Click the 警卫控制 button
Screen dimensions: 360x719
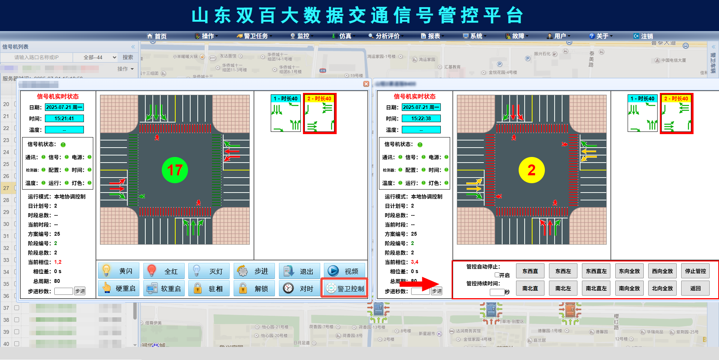coord(345,288)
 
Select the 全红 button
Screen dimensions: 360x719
coord(164,271)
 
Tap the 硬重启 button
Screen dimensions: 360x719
coord(119,288)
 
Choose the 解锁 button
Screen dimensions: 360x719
coord(254,288)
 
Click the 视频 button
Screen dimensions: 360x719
coord(345,271)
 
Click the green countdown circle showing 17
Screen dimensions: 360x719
coord(175,170)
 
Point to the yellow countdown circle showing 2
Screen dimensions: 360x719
coord(531,170)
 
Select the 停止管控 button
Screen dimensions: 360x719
coord(695,271)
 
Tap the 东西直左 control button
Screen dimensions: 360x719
coord(596,271)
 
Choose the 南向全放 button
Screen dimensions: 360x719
coord(629,288)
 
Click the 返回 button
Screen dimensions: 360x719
coord(695,288)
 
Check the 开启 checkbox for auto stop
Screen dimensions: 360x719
coord(497,275)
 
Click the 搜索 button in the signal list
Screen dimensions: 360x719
coord(128,57)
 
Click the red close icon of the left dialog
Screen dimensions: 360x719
coord(366,84)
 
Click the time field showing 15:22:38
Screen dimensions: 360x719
coord(421,119)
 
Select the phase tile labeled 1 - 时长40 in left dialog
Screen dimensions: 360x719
coord(286,113)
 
